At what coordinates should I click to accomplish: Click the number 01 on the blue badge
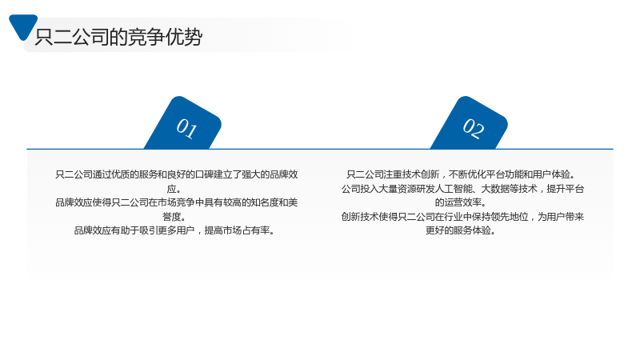tap(186, 128)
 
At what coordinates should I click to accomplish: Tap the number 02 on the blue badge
tap(474, 128)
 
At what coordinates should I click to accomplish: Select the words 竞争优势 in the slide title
tap(166, 37)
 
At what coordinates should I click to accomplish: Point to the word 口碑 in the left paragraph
tap(204, 174)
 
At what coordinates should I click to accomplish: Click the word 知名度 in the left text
tap(265, 202)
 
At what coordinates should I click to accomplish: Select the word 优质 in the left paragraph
tap(121, 174)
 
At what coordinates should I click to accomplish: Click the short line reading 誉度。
tap(174, 217)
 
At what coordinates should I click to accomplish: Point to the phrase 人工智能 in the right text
tap(454, 189)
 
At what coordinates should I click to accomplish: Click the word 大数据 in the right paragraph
tap(495, 189)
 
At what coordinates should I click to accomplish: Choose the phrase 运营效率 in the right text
tap(462, 202)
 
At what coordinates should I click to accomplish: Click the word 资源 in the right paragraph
tap(407, 189)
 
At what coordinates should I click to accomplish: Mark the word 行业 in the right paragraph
tap(453, 217)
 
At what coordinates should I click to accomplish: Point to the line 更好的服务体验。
tap(461, 230)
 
